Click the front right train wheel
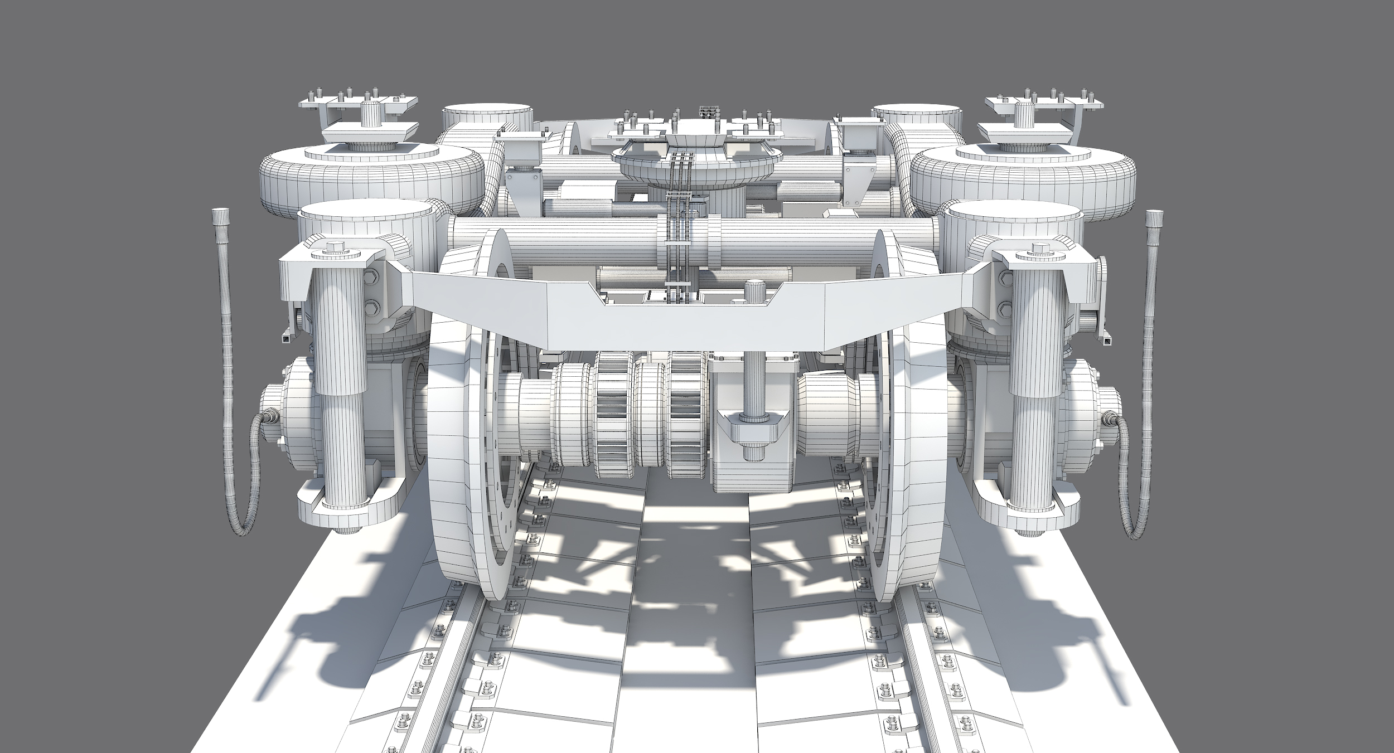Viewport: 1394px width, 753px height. tap(920, 474)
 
